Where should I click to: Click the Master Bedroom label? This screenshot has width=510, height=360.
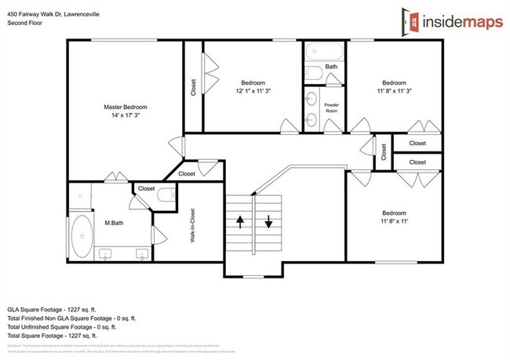click(x=126, y=107)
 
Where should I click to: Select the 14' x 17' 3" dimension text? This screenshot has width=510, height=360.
click(x=126, y=115)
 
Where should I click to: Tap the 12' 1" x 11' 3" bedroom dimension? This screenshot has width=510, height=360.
click(x=253, y=91)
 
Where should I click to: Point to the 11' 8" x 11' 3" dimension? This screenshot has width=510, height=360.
click(x=394, y=91)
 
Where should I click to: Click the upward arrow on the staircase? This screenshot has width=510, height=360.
click(x=239, y=223)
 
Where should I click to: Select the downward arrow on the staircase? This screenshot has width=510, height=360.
click(x=268, y=223)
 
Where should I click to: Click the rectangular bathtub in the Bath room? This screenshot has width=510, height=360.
click(x=325, y=52)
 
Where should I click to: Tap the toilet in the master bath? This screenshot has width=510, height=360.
click(x=166, y=196)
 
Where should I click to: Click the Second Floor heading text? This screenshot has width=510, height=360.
click(x=26, y=23)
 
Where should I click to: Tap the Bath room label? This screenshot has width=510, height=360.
click(x=332, y=67)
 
